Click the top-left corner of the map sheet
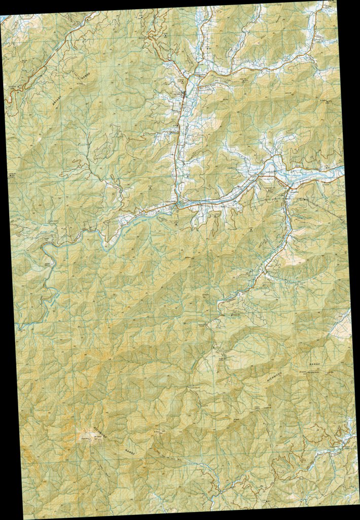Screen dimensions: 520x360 [x=1, y=16]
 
